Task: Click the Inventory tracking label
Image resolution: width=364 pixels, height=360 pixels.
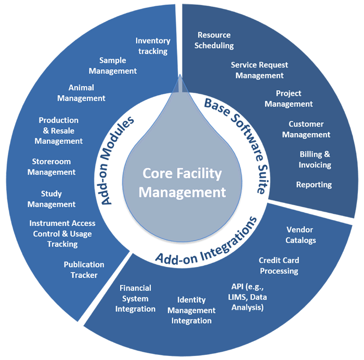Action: (151, 46)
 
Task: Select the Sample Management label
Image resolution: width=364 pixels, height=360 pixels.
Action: (113, 66)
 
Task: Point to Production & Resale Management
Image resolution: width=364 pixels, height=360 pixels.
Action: (59, 130)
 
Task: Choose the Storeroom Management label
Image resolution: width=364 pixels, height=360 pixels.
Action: (51, 167)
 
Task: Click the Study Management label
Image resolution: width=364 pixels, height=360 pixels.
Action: (51, 199)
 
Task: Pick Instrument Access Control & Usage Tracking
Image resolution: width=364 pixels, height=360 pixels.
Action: (61, 233)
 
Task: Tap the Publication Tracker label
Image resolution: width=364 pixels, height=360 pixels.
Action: (84, 269)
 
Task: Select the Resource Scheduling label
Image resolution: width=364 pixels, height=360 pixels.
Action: (214, 40)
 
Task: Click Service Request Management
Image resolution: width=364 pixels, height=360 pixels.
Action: (259, 70)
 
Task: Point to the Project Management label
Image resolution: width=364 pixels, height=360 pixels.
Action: (289, 98)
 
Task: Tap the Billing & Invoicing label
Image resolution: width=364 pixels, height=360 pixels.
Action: (315, 159)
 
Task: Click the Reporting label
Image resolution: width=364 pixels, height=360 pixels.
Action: (314, 185)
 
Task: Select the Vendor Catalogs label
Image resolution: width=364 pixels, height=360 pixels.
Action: (301, 235)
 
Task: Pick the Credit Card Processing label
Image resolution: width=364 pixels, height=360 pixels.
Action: (278, 265)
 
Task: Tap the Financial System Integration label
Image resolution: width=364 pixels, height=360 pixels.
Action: (135, 298)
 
